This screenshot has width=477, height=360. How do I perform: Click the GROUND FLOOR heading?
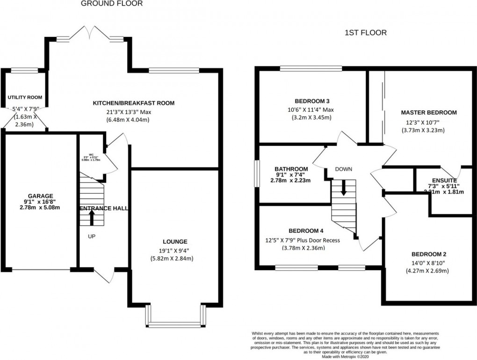[x=112, y=4]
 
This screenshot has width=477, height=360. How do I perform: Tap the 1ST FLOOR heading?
[x=365, y=33]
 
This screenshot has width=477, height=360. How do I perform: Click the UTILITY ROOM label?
[x=25, y=97]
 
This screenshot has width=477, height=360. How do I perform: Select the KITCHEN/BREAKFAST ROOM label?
[x=134, y=103]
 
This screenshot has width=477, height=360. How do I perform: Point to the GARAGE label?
[x=41, y=196]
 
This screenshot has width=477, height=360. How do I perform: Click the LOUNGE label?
[x=175, y=242]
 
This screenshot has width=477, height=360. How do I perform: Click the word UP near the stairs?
[x=92, y=237]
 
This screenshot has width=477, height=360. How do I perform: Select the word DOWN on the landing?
[x=343, y=169]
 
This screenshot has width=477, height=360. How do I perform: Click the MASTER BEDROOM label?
[x=428, y=113]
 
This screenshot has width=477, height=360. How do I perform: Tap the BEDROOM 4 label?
[x=306, y=231]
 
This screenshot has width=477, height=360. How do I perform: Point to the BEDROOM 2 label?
[x=428, y=254]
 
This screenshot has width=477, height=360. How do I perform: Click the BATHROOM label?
[x=291, y=169]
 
